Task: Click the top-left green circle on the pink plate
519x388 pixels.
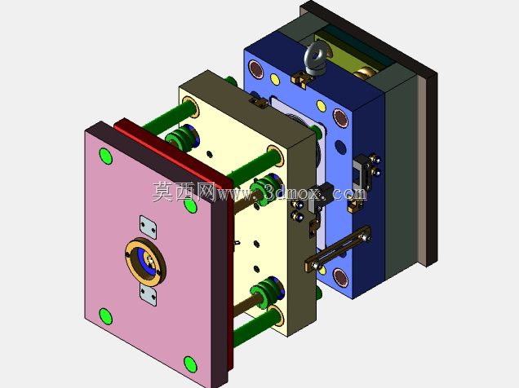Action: tap(105, 156)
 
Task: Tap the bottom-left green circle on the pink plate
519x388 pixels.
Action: tap(105, 316)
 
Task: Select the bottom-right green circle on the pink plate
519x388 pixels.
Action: tap(190, 364)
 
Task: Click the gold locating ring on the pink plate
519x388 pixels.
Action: tap(145, 261)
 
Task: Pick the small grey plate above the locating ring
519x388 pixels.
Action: tap(148, 227)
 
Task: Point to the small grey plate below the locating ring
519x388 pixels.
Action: tap(148, 294)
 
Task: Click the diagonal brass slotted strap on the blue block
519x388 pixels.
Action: tap(338, 249)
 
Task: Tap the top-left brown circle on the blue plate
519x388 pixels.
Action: tap(255, 69)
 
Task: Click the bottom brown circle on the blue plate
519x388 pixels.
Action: tap(340, 277)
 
